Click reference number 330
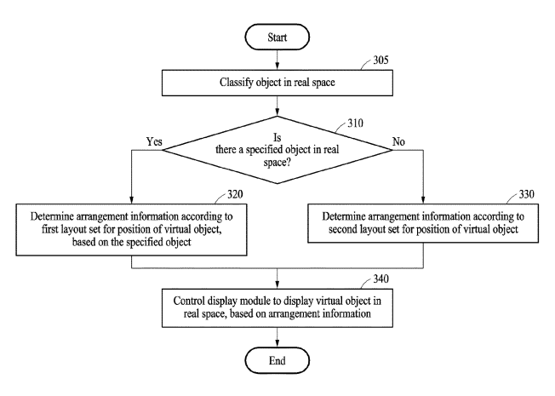(x=526, y=194)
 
